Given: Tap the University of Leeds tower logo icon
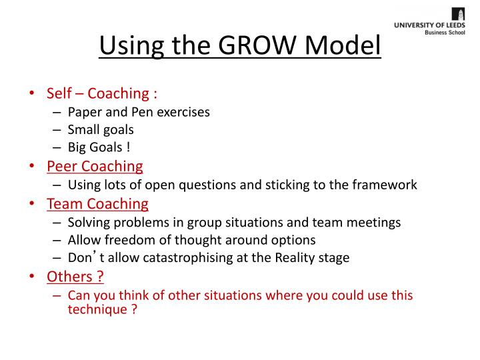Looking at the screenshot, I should (x=459, y=14).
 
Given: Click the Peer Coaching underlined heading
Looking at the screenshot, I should (x=95, y=166).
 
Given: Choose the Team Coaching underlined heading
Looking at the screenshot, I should (x=97, y=203).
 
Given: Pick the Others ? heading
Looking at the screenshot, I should (x=75, y=276).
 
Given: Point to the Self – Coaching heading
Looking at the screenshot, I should (x=101, y=93).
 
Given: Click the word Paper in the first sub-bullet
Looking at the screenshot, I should (x=84, y=111).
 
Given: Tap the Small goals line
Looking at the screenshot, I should (x=101, y=129).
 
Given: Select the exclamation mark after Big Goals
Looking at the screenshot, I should (x=127, y=147).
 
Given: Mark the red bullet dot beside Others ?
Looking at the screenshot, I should (x=32, y=277).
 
